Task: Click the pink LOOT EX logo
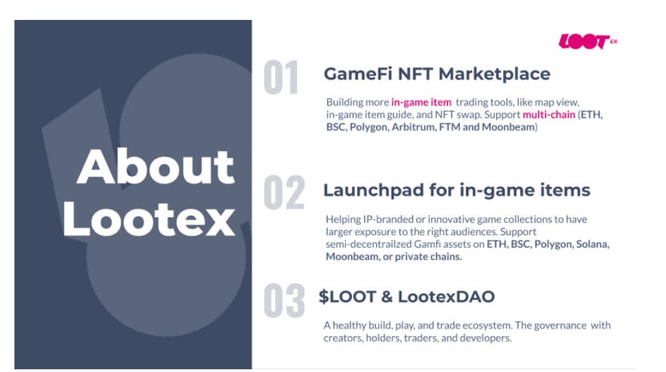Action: tap(588, 42)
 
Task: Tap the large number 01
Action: tap(280, 78)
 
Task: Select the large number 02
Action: tap(284, 193)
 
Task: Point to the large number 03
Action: tap(284, 300)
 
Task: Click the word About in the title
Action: tap(155, 166)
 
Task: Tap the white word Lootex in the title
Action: tap(148, 219)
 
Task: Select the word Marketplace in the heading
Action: tap(495, 74)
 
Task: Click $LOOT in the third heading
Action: tap(348, 297)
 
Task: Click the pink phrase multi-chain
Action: tap(548, 114)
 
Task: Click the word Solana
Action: tap(593, 244)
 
